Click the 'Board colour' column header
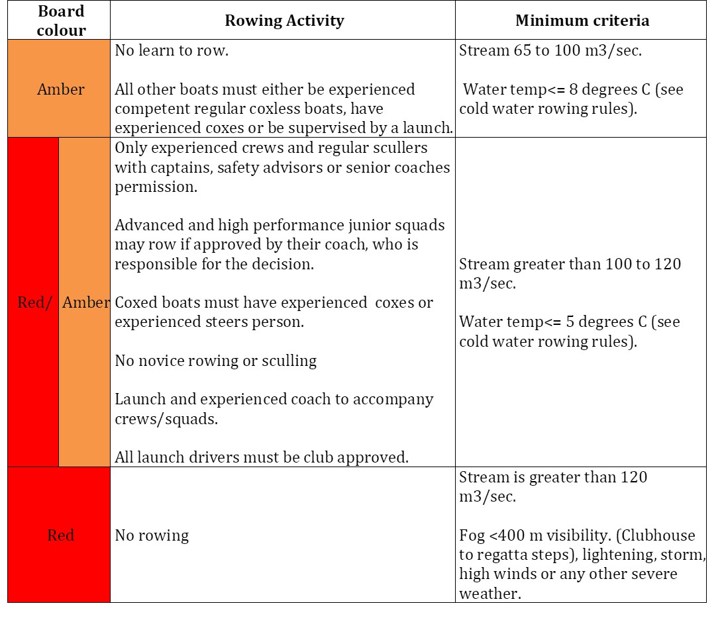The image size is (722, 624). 61,21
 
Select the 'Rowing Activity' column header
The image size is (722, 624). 284,21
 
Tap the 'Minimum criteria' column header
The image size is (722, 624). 582,21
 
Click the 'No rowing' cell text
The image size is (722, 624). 152,535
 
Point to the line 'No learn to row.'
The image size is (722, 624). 172,51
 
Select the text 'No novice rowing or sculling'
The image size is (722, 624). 216,361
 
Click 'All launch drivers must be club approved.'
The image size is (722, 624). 262,457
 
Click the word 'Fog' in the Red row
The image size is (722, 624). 472,535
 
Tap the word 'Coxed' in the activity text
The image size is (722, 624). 135,302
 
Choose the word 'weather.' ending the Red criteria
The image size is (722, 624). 490,594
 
